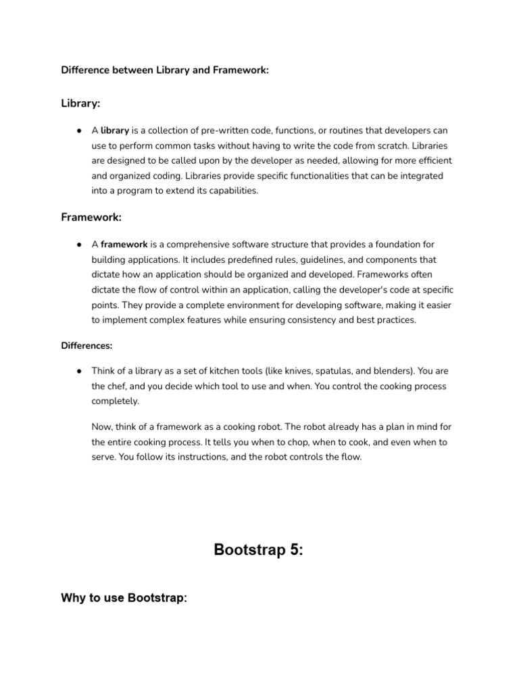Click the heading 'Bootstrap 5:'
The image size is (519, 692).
(259, 549)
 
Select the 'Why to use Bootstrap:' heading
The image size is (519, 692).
(124, 599)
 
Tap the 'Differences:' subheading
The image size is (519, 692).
(86, 345)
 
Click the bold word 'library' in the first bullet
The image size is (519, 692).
(115, 130)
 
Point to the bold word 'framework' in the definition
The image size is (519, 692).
(124, 244)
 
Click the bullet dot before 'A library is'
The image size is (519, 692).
(79, 130)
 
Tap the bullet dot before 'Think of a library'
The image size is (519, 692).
(79, 371)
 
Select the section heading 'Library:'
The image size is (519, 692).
(80, 103)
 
